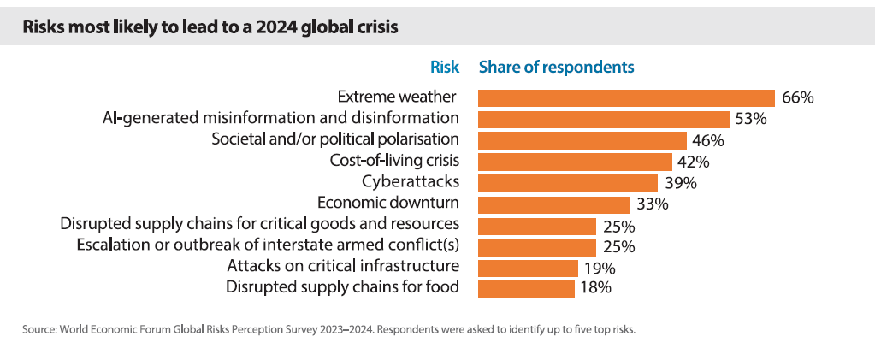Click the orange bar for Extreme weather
pos(626,97)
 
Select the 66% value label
pos(797,97)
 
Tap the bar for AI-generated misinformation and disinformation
pos(604,119)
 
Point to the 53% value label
pos(750,119)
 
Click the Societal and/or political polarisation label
pos(335,139)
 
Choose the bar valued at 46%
pos(582,140)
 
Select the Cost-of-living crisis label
pos(394,161)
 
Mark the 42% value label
pos(692,162)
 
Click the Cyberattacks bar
pos(568,183)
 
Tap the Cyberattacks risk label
pos(411,182)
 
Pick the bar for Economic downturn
pos(554,204)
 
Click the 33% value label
pos(651,204)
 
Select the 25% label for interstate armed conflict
pos(617,247)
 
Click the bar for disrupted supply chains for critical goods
pos(537,226)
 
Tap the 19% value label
pos(599,269)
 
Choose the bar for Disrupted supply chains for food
pos(526,288)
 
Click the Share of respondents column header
pos(556,67)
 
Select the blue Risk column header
pos(444,67)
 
